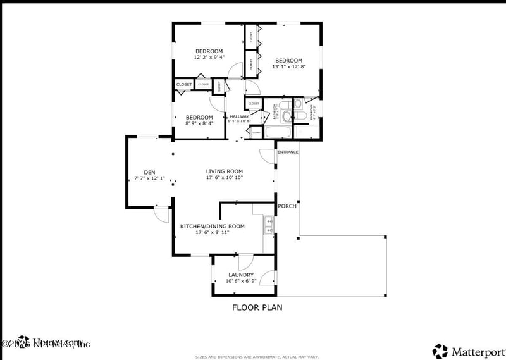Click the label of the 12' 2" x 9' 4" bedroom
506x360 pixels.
[x=208, y=51]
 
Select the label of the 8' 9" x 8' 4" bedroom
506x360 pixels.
[x=199, y=117]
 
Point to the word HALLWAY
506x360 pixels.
[x=239, y=116]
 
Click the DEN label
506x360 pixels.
[x=149, y=172]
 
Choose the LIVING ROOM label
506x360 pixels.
[x=224, y=171]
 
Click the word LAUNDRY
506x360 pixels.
[x=241, y=275]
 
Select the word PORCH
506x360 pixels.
[x=287, y=206]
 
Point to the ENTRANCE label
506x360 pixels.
[x=288, y=152]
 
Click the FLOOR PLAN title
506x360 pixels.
[x=257, y=307]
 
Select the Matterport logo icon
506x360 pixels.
[x=440, y=350]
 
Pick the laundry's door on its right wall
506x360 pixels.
[x=269, y=277]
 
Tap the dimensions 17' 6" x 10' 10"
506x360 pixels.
[x=224, y=178]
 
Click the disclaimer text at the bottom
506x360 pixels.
[x=256, y=356]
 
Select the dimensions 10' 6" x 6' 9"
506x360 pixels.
[x=240, y=282]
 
